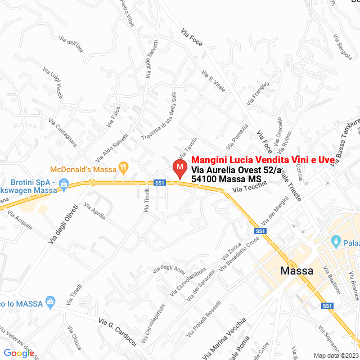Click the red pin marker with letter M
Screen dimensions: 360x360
(x=179, y=168)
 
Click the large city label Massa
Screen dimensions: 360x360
(x=296, y=271)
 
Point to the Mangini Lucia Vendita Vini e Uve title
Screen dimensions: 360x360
(x=263, y=160)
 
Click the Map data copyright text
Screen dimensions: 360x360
(x=335, y=355)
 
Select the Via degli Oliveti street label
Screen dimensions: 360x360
(x=62, y=224)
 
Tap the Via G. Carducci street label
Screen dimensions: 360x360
(x=118, y=331)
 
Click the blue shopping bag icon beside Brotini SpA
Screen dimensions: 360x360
(x=64, y=183)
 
